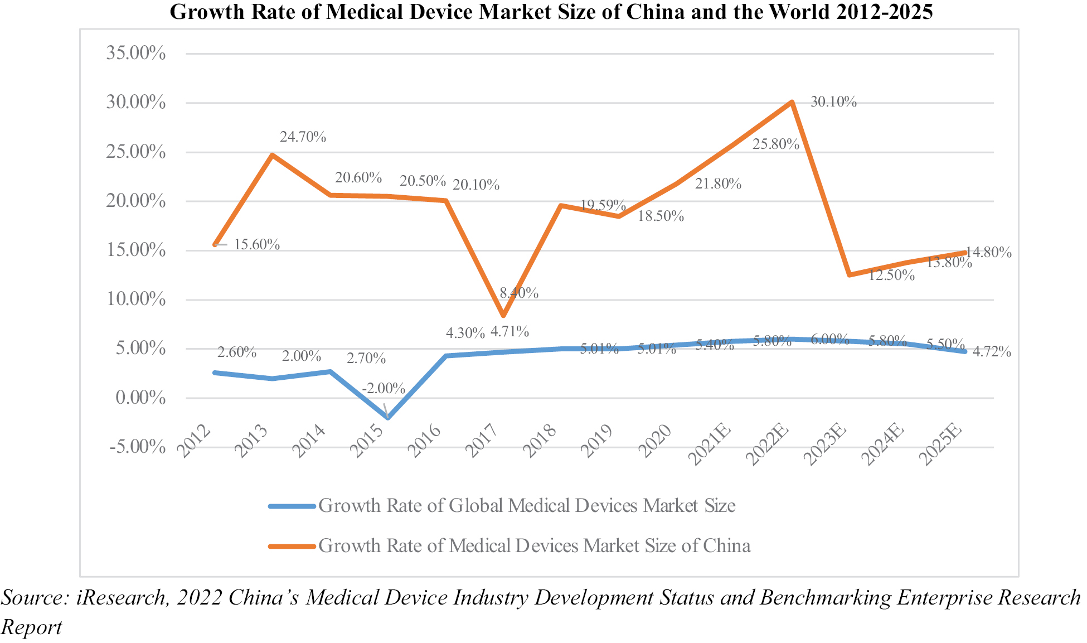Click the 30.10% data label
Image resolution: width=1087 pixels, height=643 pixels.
[x=833, y=102]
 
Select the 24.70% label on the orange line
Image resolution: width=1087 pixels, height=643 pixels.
[x=303, y=137]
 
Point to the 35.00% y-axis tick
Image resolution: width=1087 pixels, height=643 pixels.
[x=136, y=54]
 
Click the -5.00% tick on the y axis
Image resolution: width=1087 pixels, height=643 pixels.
[x=137, y=447]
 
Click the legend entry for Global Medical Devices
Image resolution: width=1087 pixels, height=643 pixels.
[x=526, y=506]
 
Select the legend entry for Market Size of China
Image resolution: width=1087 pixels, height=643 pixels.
[x=534, y=545]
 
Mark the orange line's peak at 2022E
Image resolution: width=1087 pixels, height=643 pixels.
[x=792, y=103]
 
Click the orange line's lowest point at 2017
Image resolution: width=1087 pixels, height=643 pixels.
[x=503, y=316]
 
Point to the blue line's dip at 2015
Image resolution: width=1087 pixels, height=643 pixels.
[x=387, y=418]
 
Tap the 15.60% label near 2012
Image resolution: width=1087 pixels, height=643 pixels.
[x=256, y=244]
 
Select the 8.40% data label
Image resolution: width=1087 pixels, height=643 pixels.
[x=519, y=293]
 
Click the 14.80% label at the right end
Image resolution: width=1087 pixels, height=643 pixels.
[x=988, y=253]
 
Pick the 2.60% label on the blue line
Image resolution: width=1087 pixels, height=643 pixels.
[x=237, y=352]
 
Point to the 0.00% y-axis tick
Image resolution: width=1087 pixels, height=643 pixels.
[x=140, y=398]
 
